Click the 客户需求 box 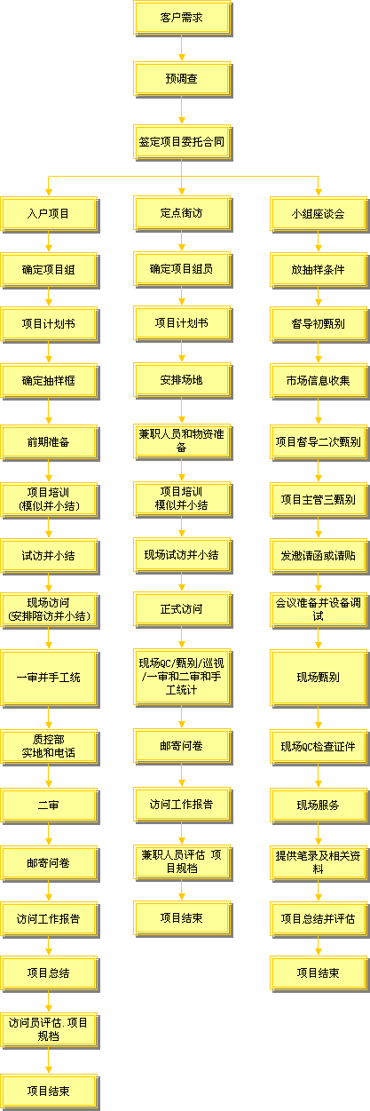[x=182, y=19]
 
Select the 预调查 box [x=182, y=79]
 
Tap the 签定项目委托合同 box [x=182, y=142]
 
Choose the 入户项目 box [x=49, y=214]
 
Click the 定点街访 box [x=182, y=213]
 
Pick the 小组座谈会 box [x=319, y=214]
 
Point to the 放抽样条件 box [x=319, y=270]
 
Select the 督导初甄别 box [x=319, y=324]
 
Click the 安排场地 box [x=182, y=380]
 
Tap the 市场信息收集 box [x=319, y=381]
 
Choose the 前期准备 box [x=49, y=442]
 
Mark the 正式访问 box [x=182, y=609]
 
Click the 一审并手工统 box [x=49, y=679]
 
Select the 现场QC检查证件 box [x=319, y=747]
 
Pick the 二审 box [x=49, y=805]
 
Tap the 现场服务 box [x=319, y=805]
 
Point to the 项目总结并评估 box [x=319, y=919]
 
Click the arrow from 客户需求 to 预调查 [x=182, y=49]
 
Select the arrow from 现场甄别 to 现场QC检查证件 [x=319, y=718]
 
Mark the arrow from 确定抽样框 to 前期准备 [x=49, y=412]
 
